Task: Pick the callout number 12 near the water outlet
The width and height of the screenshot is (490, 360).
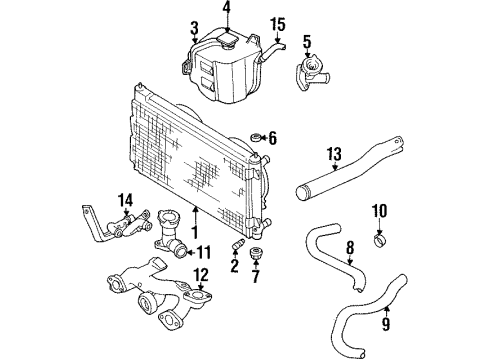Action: point(201,274)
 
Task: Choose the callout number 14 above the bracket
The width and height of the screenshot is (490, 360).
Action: point(125,199)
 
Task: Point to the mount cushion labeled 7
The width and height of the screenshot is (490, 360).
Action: point(256,251)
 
